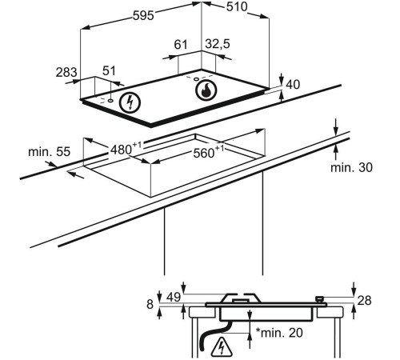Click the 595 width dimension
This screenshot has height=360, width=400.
coord(143,15)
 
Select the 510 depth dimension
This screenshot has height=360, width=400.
coord(237,6)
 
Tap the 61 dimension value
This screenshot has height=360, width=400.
coord(181,44)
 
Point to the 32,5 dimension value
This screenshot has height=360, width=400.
coord(218,43)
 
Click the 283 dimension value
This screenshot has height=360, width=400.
coord(66,72)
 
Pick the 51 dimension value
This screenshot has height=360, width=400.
coord(110,71)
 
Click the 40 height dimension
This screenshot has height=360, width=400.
coord(293,85)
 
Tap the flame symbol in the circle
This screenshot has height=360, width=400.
coord(206,90)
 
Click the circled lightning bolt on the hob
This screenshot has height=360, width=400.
coord(130,103)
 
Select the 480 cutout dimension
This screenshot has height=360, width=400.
coord(126,148)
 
